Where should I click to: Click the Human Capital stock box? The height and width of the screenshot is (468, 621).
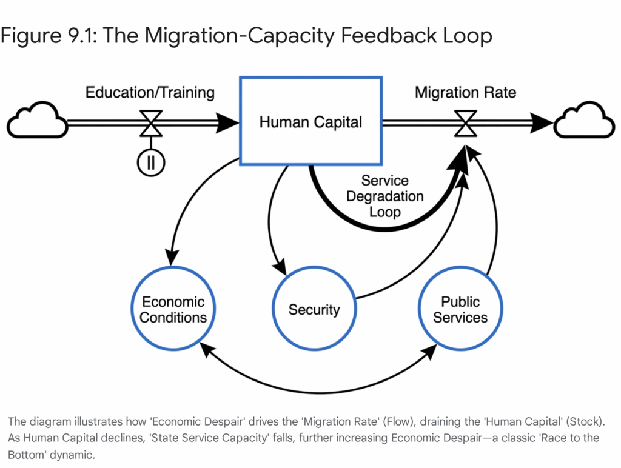[310, 121]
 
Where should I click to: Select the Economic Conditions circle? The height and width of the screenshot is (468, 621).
[174, 310]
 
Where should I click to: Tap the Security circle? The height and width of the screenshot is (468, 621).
[314, 310]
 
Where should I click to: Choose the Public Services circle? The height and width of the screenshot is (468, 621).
[460, 310]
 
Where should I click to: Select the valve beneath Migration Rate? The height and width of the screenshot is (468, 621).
[466, 124]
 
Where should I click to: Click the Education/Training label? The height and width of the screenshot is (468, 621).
[150, 93]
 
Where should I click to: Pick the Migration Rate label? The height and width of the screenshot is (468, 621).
[465, 93]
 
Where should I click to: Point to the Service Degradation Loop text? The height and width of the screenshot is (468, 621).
[384, 196]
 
